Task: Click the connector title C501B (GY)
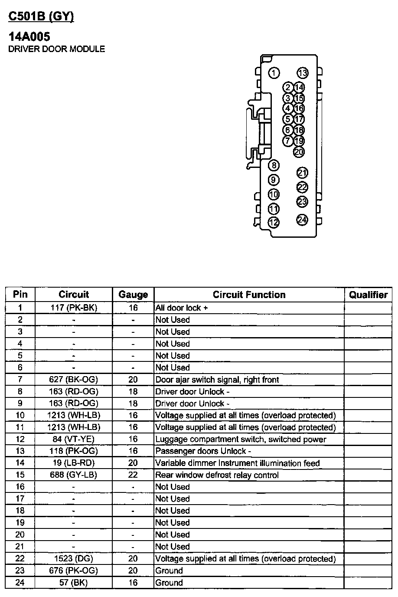coord(41,16)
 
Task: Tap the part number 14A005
coord(29,37)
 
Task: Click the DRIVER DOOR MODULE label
coord(57,49)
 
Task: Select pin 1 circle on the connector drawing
coord(274,73)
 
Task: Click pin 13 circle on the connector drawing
coord(302,73)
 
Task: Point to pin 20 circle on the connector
coord(299,151)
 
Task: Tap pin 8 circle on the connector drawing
coord(274,165)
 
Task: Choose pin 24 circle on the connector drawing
coord(302,220)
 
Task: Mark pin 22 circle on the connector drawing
coord(302,187)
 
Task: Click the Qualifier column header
coord(368,295)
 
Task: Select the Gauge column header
coord(133,295)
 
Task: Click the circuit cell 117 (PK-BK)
coord(74,308)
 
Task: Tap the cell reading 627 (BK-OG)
coord(74,380)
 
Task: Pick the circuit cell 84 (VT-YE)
coord(74,440)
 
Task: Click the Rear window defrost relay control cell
coord(217,475)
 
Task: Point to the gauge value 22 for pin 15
coord(133,475)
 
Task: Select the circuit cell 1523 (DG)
coord(74,559)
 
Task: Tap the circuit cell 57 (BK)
coord(74,583)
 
